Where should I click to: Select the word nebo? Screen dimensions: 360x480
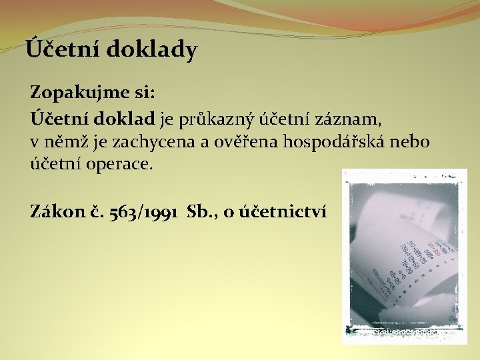tap(413, 141)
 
